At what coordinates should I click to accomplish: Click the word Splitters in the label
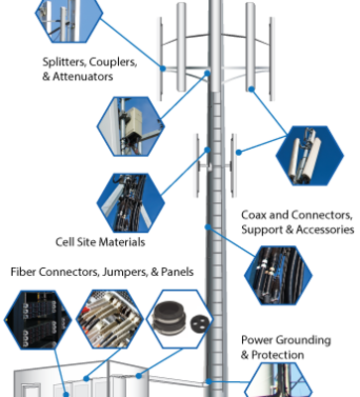(x=63, y=62)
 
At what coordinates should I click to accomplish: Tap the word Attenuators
(x=83, y=76)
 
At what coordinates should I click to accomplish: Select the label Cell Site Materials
(x=100, y=242)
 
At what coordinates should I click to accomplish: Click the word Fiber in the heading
(x=23, y=272)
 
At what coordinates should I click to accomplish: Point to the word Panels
(x=178, y=272)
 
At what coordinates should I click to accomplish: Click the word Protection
(x=278, y=355)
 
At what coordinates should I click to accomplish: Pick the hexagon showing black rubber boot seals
(x=180, y=320)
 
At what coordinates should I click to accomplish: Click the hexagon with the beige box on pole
(x=130, y=126)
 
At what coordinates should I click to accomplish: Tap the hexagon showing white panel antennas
(x=309, y=156)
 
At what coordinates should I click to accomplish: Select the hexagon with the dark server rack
(x=38, y=320)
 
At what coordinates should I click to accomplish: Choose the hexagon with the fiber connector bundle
(x=109, y=320)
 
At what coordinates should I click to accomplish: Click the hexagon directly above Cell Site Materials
(x=130, y=202)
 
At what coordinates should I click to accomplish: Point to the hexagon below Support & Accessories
(x=278, y=275)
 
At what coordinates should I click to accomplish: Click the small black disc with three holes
(x=199, y=321)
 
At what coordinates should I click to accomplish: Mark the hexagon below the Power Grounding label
(x=278, y=380)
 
